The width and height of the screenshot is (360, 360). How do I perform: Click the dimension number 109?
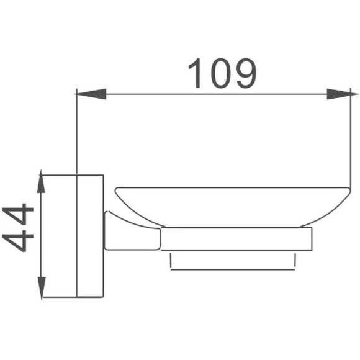222,74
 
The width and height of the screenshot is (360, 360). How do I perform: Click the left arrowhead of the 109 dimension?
90,95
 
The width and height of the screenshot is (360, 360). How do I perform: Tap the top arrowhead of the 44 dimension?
42,184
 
